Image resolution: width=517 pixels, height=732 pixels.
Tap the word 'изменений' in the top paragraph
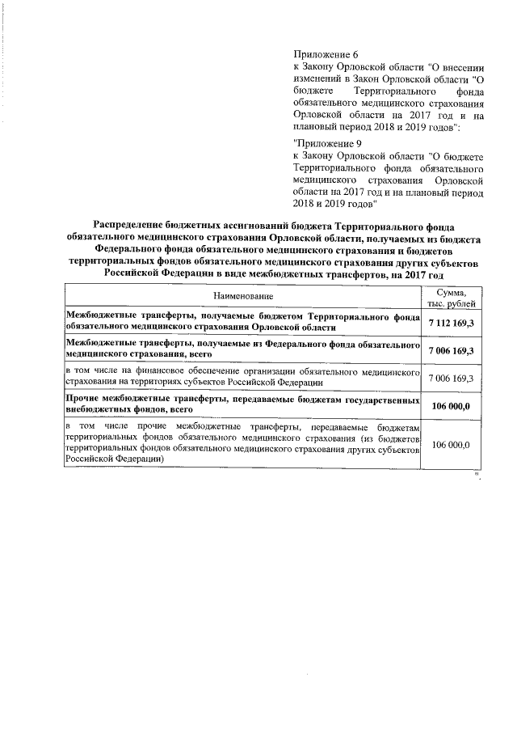coord(317,78)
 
